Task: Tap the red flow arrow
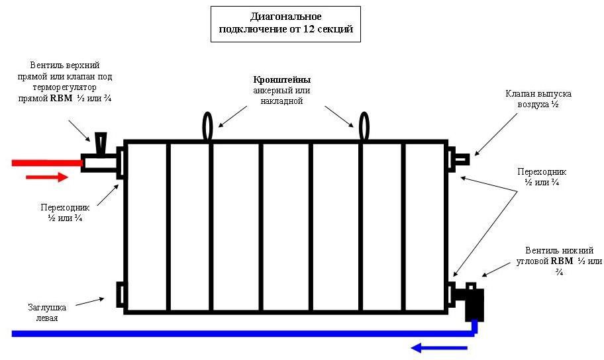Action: pyautogui.click(x=46, y=177)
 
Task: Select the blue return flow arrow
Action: pyautogui.click(x=437, y=346)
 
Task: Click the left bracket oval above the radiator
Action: pyautogui.click(x=208, y=126)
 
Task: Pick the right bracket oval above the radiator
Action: pyautogui.click(x=364, y=126)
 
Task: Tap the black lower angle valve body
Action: pyautogui.click(x=474, y=303)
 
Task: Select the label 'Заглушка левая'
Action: pyautogui.click(x=47, y=312)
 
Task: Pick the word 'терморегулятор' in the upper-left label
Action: pyautogui.click(x=65, y=87)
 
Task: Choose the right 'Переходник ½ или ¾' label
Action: pyautogui.click(x=542, y=177)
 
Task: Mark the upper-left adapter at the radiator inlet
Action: pyautogui.click(x=121, y=162)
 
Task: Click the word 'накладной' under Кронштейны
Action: pyautogui.click(x=281, y=101)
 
